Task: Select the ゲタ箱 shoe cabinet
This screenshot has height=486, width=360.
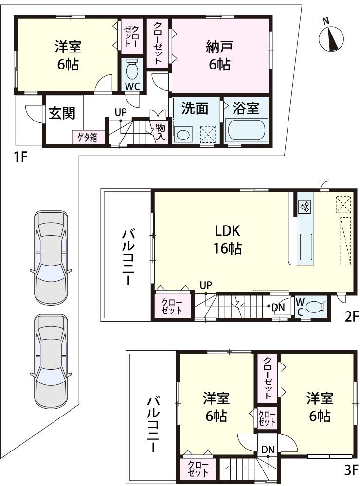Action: click(x=88, y=137)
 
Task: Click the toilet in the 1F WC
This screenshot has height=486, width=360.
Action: click(x=131, y=71)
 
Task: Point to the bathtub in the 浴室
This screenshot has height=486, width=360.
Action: click(x=247, y=130)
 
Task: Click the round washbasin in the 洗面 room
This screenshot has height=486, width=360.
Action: click(x=183, y=134)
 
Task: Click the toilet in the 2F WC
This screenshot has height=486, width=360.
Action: click(x=317, y=307)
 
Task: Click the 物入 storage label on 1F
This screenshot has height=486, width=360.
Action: click(x=160, y=132)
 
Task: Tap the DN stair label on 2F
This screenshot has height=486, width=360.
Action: click(x=278, y=307)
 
